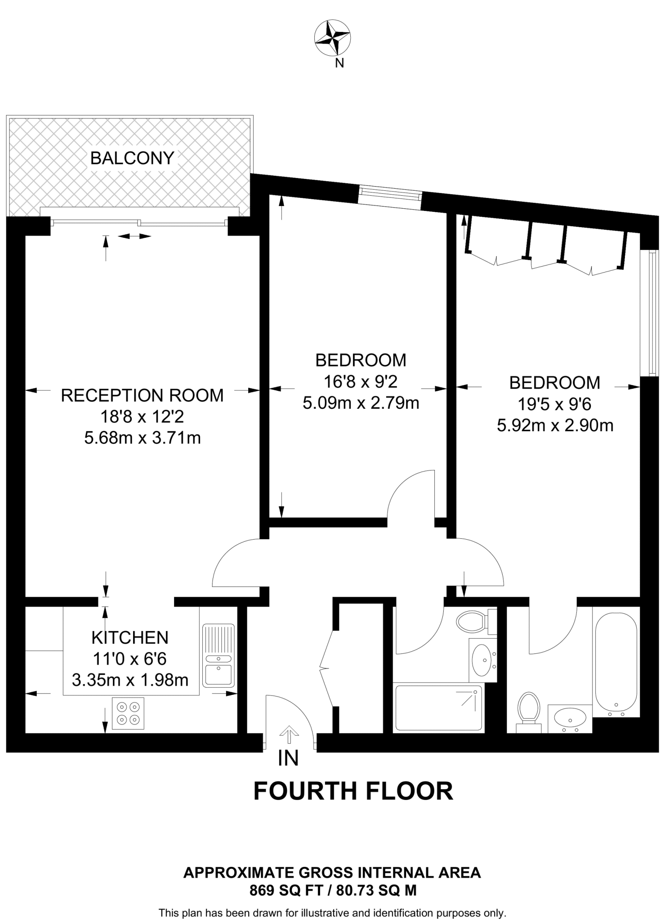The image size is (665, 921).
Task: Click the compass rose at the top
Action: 332,38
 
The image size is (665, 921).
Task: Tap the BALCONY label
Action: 132,158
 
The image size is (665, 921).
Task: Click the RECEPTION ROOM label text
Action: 142,395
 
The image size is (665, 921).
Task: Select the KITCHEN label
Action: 130,637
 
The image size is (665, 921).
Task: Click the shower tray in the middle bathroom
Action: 438,708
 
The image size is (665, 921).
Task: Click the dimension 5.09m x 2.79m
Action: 361,403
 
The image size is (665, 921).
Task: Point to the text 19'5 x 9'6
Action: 554,404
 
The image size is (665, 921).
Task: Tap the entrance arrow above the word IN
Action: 288,736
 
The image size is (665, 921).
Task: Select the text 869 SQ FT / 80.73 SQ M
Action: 333,890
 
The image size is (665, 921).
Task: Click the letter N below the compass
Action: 339,63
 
